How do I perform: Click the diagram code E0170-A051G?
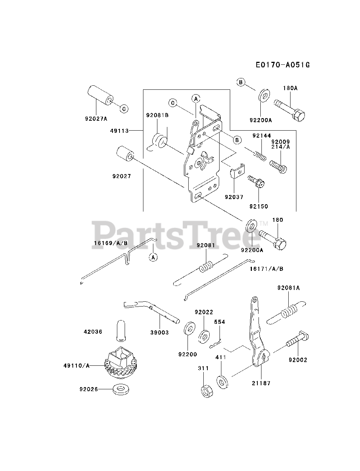282,65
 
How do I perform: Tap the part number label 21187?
261,383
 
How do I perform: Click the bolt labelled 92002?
296,343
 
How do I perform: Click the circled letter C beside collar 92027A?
124,109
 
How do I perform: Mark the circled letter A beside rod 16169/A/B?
153,257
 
